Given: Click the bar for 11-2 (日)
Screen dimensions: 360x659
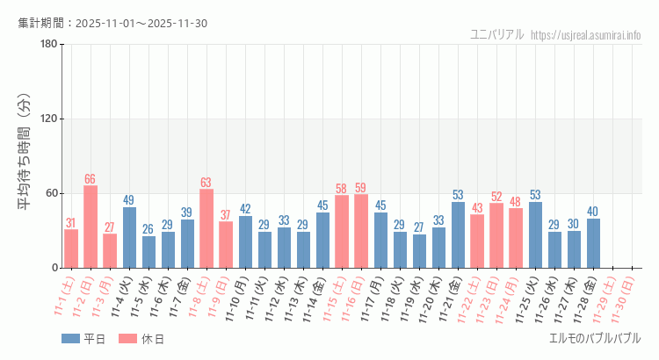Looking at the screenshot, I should click(91, 227).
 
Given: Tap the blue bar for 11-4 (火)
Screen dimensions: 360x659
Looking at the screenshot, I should click(129, 237).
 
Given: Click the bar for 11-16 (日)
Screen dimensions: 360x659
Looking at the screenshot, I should click(361, 231).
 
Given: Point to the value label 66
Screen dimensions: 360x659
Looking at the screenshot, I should click(91, 179).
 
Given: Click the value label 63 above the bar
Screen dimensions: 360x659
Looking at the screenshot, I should click(206, 183).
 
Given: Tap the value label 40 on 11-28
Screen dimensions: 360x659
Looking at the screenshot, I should click(593, 212).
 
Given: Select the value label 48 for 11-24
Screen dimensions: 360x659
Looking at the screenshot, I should click(516, 202).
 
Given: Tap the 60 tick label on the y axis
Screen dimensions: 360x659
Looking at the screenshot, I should click(51, 193).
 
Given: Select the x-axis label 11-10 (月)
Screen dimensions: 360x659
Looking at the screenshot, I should click(233, 299).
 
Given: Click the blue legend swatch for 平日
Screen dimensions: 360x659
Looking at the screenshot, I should click(70, 338).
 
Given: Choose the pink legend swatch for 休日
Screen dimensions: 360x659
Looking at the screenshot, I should click(127, 338).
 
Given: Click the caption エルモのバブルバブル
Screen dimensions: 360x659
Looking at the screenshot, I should click(595, 338).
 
